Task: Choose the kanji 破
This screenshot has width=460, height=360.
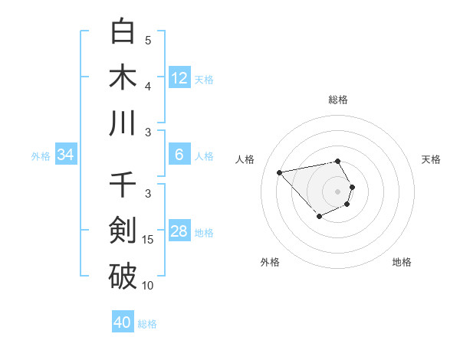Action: tap(123, 277)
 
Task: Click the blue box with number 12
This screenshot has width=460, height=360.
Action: tap(179, 77)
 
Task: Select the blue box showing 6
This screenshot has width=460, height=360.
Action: tap(179, 155)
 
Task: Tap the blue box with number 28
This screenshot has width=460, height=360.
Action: tap(179, 231)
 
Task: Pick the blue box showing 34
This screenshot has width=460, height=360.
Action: tap(66, 155)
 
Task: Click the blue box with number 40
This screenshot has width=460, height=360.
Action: tap(123, 322)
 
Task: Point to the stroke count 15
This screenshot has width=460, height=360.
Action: tap(148, 240)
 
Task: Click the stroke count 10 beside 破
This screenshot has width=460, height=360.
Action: tap(148, 286)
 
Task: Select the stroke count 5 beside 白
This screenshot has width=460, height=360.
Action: tap(148, 40)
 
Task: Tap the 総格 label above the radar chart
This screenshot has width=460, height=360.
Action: tap(338, 100)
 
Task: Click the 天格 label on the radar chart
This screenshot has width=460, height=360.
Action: tap(431, 159)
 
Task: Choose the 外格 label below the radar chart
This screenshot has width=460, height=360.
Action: tap(269, 262)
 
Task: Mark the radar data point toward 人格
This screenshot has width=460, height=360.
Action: tap(280, 172)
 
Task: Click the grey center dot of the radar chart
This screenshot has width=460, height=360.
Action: tap(338, 191)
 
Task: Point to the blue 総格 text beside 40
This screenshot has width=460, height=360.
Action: tap(147, 324)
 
